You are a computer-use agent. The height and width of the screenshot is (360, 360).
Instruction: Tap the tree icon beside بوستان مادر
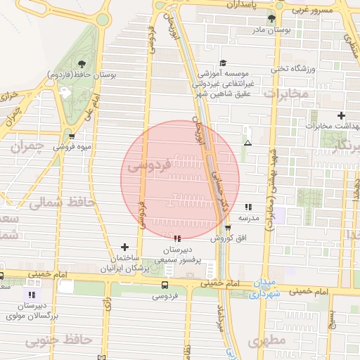click(x=272, y=19)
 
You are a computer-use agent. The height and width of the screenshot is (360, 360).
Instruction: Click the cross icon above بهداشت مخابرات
click(x=341, y=115)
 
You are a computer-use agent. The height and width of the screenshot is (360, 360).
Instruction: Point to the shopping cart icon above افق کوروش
click(x=228, y=228)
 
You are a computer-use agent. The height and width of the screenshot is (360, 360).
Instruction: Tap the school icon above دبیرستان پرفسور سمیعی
click(x=177, y=238)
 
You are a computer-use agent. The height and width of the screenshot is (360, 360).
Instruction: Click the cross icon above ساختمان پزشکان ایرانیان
click(x=125, y=247)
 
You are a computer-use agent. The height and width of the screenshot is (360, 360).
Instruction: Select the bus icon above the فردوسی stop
click(x=165, y=285)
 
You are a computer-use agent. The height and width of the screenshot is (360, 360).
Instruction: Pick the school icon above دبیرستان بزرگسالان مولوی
click(x=30, y=294)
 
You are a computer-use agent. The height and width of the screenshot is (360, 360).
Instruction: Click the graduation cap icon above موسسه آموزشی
click(x=223, y=62)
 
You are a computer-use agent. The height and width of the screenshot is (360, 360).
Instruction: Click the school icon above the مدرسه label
click(x=248, y=207)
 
